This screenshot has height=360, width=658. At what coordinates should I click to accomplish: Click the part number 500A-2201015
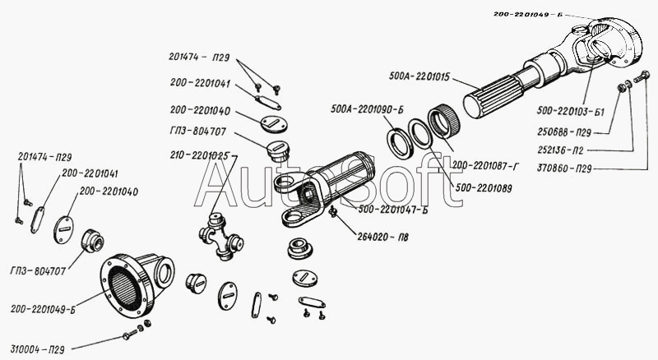(419, 76)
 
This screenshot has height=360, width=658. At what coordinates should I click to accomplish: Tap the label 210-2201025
(200, 155)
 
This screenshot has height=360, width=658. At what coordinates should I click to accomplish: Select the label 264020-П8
(382, 237)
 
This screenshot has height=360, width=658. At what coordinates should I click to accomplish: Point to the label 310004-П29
(37, 349)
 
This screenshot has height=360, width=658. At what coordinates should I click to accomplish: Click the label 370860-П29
(564, 168)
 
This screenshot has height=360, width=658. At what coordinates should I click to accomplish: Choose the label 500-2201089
(484, 188)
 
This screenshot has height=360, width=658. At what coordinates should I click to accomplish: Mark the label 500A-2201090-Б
(367, 109)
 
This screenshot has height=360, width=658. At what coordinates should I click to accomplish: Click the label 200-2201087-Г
(485, 167)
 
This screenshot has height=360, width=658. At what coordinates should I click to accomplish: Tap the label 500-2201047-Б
(393, 210)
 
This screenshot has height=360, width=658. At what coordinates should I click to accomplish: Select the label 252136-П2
(560, 150)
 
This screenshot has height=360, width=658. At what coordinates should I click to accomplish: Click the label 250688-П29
(564, 132)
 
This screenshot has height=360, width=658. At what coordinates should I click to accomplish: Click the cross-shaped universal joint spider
(221, 235)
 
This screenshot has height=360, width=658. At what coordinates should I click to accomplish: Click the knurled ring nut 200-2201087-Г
(443, 122)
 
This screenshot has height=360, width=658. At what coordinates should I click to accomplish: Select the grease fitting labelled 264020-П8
(334, 212)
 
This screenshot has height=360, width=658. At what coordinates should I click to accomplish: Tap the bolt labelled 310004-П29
(130, 335)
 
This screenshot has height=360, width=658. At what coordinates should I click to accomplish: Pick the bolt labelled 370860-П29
(642, 76)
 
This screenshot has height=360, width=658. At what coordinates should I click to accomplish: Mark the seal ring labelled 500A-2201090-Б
(399, 143)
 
